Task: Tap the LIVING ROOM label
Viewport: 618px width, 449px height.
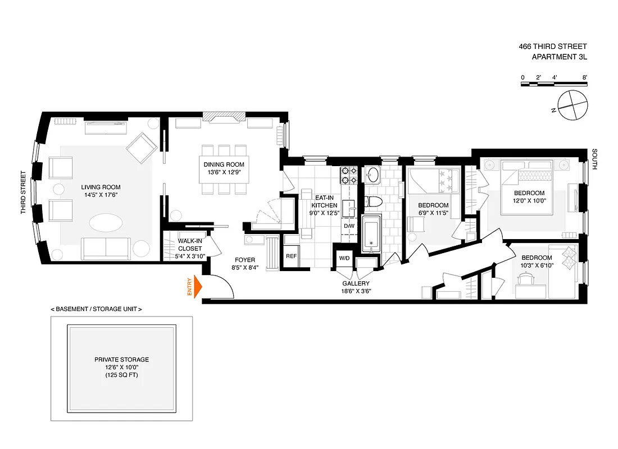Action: point(101,187)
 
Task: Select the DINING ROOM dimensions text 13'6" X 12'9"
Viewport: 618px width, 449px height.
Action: point(224,172)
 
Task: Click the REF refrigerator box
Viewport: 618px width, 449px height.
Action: point(291,256)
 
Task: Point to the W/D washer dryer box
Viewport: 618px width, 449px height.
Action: point(343,258)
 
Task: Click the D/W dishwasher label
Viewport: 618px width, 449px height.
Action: point(349,226)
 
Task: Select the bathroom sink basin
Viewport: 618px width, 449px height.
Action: point(372,176)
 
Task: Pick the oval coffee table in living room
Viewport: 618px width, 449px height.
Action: point(105,223)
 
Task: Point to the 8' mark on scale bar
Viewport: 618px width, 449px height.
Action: point(585,77)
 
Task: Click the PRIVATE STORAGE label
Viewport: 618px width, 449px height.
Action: point(122,359)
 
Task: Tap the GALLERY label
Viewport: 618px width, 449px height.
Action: point(356,283)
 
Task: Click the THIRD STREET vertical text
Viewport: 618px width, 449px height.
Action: point(24,193)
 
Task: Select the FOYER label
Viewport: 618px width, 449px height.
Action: point(246,260)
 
